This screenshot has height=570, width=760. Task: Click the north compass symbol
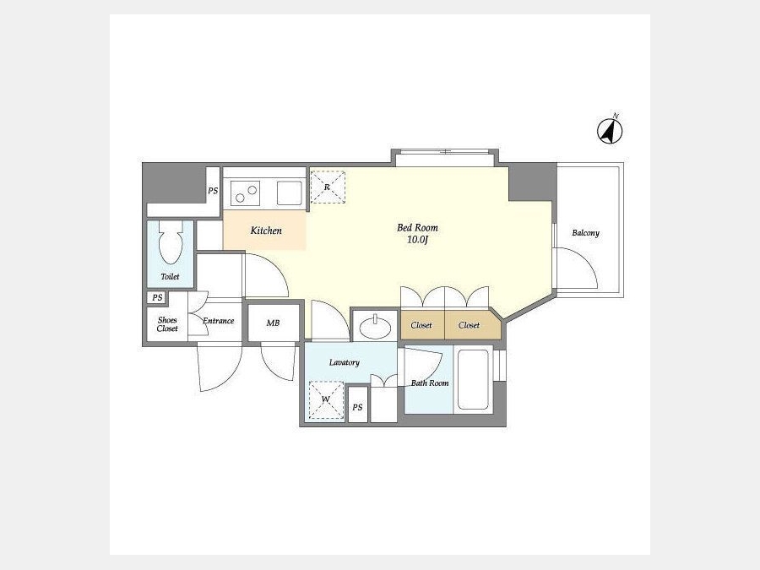pyautogui.click(x=610, y=130)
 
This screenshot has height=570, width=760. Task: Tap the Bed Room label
pyautogui.click(x=417, y=227)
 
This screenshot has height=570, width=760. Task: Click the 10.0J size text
pyautogui.click(x=417, y=240)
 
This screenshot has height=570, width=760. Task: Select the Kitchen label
pyautogui.click(x=266, y=231)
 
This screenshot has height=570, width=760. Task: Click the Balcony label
pyautogui.click(x=585, y=233)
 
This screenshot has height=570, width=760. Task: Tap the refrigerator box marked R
pyautogui.click(x=328, y=187)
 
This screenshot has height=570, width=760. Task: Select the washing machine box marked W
pyautogui.click(x=326, y=400)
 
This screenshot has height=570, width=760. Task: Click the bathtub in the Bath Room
pyautogui.click(x=473, y=379)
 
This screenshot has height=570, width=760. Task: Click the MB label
pyautogui.click(x=273, y=323)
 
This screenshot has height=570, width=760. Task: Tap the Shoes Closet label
pyautogui.click(x=167, y=324)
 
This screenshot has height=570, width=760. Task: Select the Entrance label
pyautogui.click(x=218, y=320)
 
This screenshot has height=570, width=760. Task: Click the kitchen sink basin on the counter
pyautogui.click(x=290, y=193)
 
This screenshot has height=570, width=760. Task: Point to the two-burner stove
pyautogui.click(x=245, y=193)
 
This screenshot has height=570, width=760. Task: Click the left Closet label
pyautogui.click(x=421, y=325)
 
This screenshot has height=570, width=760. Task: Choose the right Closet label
pyautogui.click(x=469, y=325)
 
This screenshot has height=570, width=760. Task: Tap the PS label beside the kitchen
pyautogui.click(x=213, y=191)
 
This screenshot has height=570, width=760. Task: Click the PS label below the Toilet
pyautogui.click(x=157, y=297)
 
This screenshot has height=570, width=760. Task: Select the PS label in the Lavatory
pyautogui.click(x=357, y=407)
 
